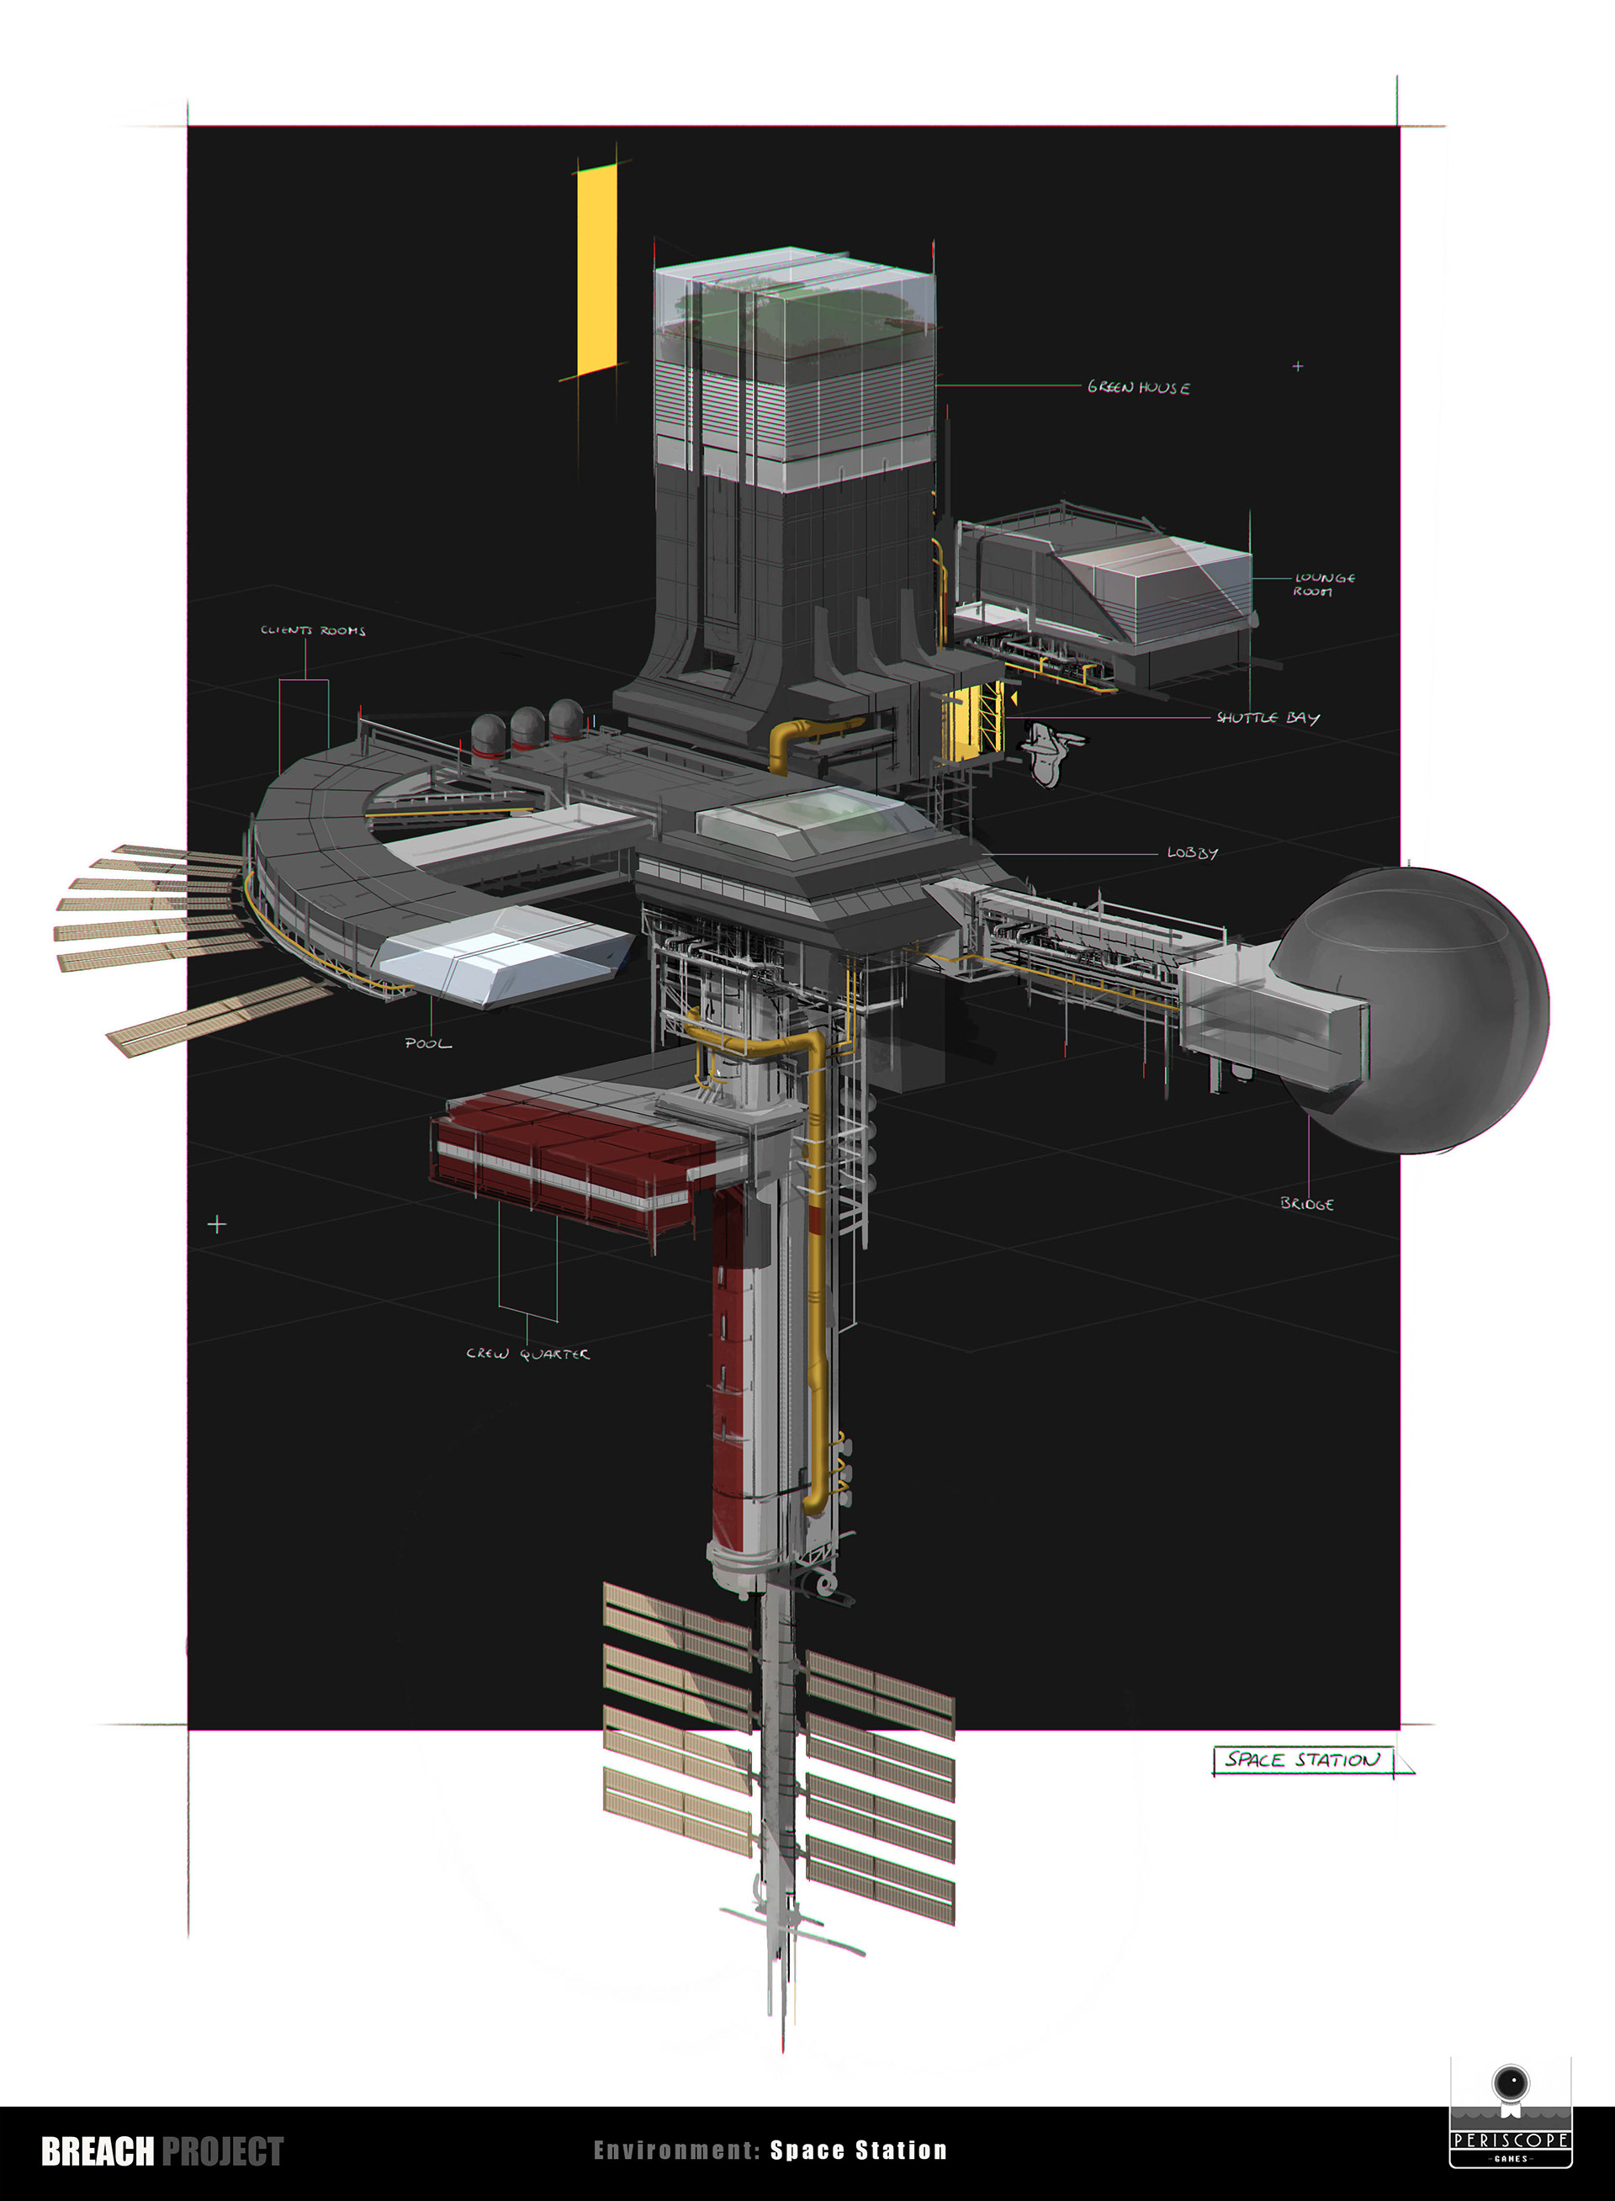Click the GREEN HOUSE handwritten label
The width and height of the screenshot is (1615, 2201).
click(x=1139, y=387)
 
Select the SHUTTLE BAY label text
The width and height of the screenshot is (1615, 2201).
click(x=1268, y=718)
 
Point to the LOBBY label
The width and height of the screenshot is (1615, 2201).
click(x=1193, y=852)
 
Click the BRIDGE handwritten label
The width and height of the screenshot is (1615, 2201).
click(x=1307, y=1204)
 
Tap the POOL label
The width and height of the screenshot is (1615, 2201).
click(x=428, y=1043)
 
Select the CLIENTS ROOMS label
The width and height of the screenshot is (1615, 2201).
click(x=313, y=631)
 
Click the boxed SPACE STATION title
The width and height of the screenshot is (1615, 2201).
click(x=1303, y=1760)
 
